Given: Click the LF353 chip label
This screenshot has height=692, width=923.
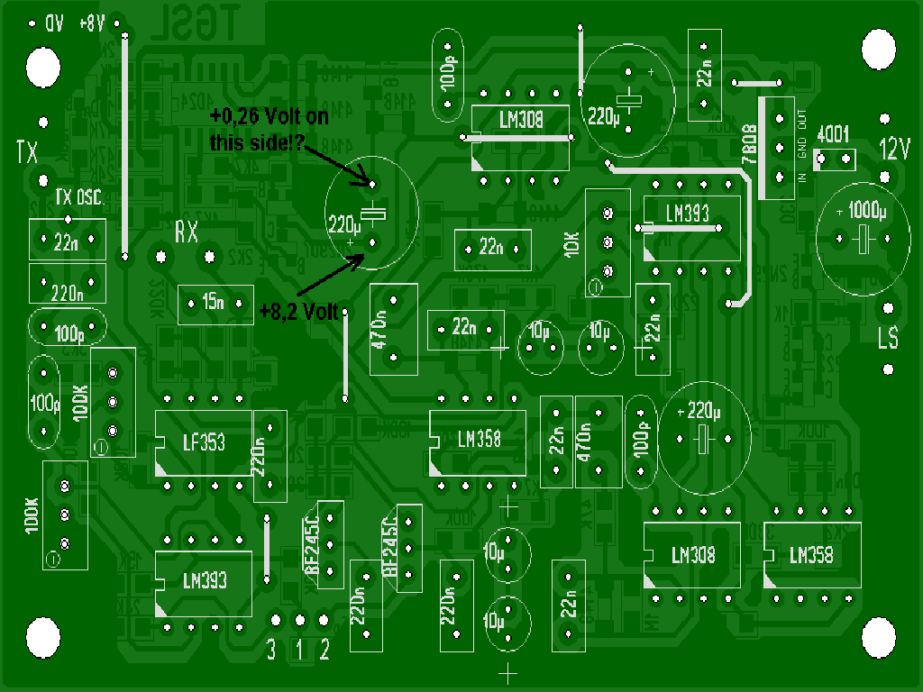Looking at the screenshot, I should click(204, 442).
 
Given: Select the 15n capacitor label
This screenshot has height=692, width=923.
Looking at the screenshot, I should click(215, 304).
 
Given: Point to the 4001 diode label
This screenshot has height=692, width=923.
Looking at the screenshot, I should click(832, 135).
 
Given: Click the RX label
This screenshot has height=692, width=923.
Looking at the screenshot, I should click(186, 233).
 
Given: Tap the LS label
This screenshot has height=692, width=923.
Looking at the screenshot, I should click(888, 338).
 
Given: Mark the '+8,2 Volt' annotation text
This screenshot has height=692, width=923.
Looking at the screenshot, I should click(297, 312).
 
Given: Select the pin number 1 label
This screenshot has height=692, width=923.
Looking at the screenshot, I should click(299, 650).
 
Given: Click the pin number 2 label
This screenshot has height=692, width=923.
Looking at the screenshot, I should click(324, 650).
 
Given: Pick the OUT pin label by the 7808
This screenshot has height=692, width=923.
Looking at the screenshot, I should click(802, 118).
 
